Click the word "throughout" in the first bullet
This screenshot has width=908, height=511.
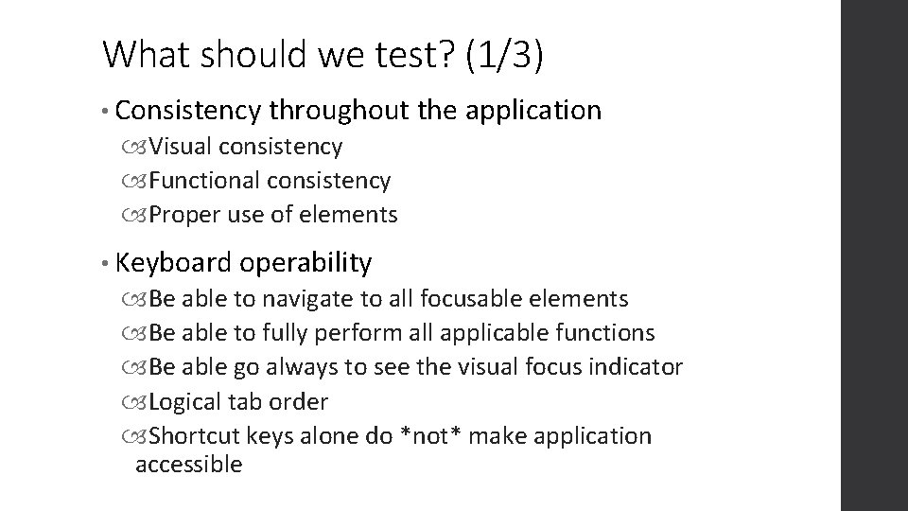tap(339, 111)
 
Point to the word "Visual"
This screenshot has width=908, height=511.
tap(181, 147)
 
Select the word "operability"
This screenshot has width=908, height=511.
tap(306, 262)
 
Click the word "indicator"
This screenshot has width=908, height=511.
tap(635, 367)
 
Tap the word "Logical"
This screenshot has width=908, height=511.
tap(186, 401)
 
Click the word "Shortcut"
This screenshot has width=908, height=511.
tap(194, 435)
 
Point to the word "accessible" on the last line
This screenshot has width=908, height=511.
tap(189, 464)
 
